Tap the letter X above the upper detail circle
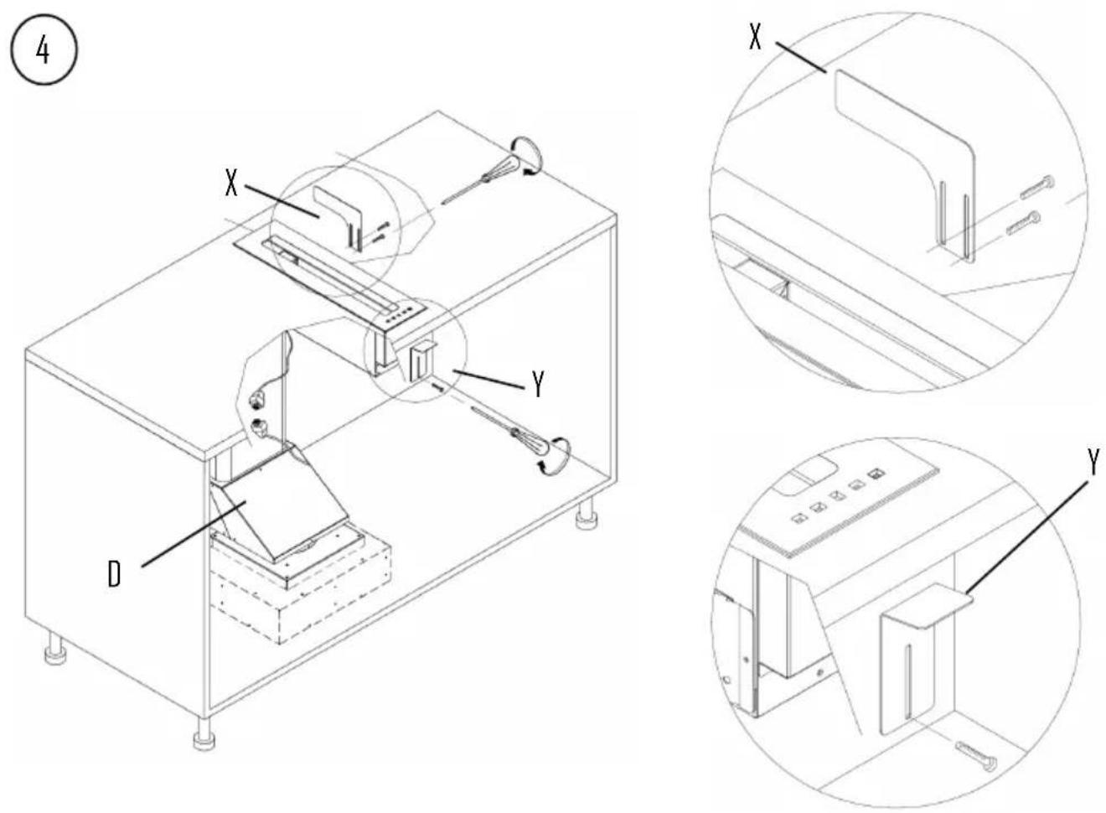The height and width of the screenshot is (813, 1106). pyautogui.click(x=756, y=37)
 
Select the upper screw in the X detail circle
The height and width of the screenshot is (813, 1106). pyautogui.click(x=1037, y=187)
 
